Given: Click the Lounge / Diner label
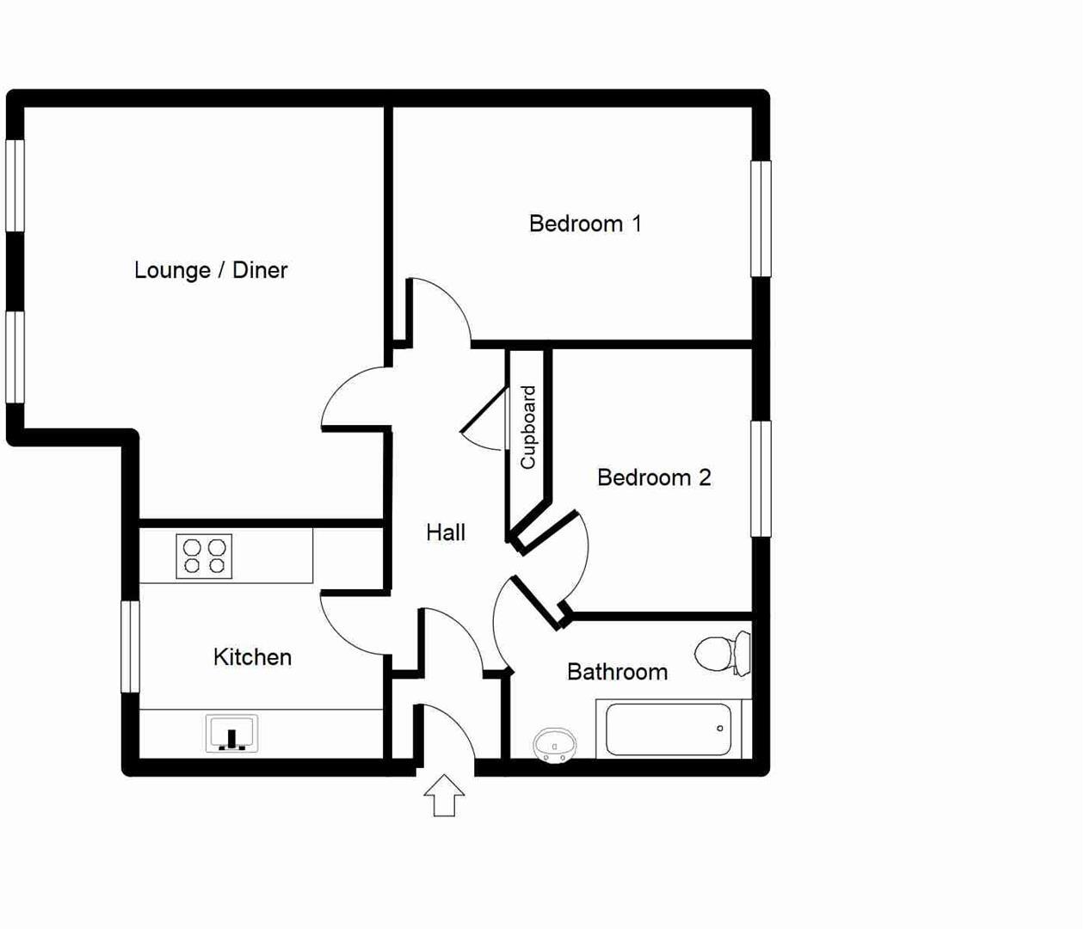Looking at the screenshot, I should pyautogui.click(x=211, y=270).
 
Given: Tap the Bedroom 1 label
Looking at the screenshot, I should pyautogui.click(x=585, y=224).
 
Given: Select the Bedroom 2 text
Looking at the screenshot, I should pyautogui.click(x=654, y=477).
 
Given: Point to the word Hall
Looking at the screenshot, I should pyautogui.click(x=446, y=532).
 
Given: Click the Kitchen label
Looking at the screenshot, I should pyautogui.click(x=252, y=657).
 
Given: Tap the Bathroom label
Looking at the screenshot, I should pyautogui.click(x=617, y=672).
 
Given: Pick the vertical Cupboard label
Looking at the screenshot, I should pyautogui.click(x=528, y=428).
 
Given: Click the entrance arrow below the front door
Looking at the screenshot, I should pyautogui.click(x=444, y=795).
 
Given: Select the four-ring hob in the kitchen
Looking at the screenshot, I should pyautogui.click(x=204, y=557).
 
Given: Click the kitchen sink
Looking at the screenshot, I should pyautogui.click(x=231, y=734).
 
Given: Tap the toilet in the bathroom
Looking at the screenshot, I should pyautogui.click(x=723, y=654).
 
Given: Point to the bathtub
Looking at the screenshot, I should pyautogui.click(x=669, y=729).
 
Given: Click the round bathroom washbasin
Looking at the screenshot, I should pyautogui.click(x=554, y=744).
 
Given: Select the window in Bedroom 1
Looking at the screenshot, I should pyautogui.click(x=761, y=218).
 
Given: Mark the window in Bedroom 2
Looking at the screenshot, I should pyautogui.click(x=761, y=478).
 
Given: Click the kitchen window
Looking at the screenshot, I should pyautogui.click(x=130, y=646).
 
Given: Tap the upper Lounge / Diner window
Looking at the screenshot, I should pyautogui.click(x=15, y=185).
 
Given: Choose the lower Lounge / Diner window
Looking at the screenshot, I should pyautogui.click(x=15, y=357).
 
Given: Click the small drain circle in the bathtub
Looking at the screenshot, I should pyautogui.click(x=720, y=729).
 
